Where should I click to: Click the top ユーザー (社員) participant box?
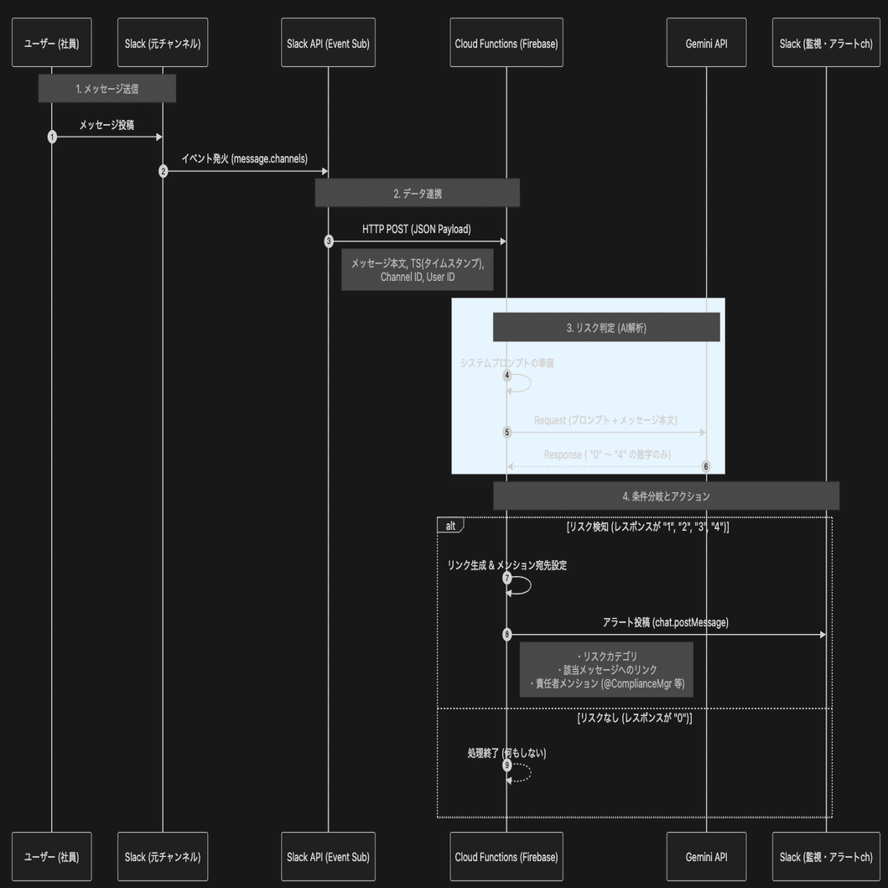[51, 43]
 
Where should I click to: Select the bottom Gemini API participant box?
[706, 857]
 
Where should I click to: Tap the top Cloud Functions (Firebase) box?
[506, 43]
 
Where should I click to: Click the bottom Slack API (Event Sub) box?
[327, 857]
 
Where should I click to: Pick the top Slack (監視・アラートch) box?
[826, 43]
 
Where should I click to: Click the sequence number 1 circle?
[52, 136]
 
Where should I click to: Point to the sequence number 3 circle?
[328, 241]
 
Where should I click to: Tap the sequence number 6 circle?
[706, 466]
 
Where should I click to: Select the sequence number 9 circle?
[506, 765]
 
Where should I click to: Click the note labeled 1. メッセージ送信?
[106, 88]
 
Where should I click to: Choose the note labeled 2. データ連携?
[417, 193]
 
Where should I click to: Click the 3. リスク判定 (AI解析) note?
[605, 328]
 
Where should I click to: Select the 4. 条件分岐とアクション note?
[666, 496]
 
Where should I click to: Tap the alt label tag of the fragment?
[450, 526]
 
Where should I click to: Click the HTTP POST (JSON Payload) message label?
[416, 228]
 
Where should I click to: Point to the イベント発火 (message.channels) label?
[244, 158]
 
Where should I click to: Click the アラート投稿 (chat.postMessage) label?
[666, 622]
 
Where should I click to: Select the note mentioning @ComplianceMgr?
[606, 669]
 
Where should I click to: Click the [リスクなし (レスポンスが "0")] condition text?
[634, 719]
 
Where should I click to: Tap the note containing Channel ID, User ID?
[417, 269]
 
